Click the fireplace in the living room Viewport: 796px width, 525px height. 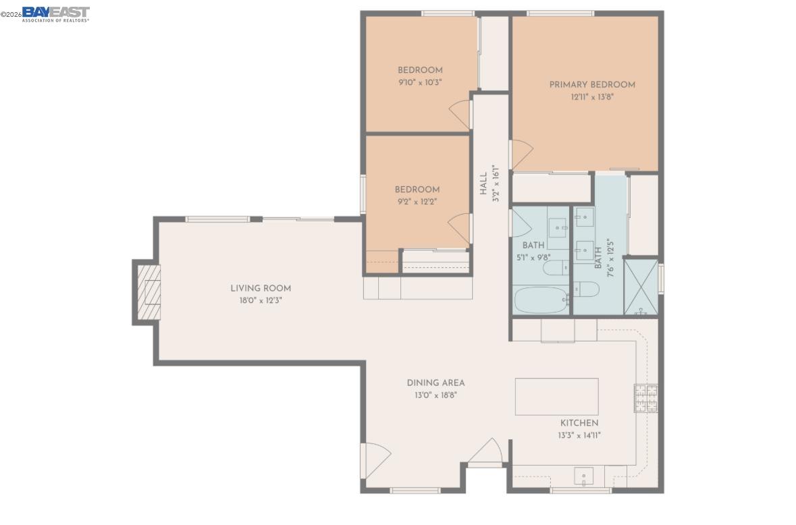[x=149, y=292]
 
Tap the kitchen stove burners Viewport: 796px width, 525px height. [x=645, y=397]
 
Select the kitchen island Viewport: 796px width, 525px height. [x=556, y=396]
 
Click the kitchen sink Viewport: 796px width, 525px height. [x=583, y=476]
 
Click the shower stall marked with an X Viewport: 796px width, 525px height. [x=640, y=287]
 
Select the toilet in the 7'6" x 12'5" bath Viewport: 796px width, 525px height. [x=586, y=289]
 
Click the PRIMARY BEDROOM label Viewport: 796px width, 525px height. [x=591, y=85]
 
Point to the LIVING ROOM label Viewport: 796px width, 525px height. [x=261, y=288]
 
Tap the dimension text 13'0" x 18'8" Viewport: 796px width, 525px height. [x=435, y=395]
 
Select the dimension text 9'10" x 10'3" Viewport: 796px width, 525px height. [x=420, y=82]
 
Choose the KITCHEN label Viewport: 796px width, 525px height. [x=579, y=423]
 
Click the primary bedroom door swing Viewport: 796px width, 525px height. [x=521, y=154]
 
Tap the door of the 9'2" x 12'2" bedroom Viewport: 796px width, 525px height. [x=459, y=227]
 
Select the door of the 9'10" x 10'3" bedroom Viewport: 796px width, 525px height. [x=460, y=111]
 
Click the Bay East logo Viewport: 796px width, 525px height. [x=55, y=13]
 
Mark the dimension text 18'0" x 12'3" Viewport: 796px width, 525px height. [x=260, y=300]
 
